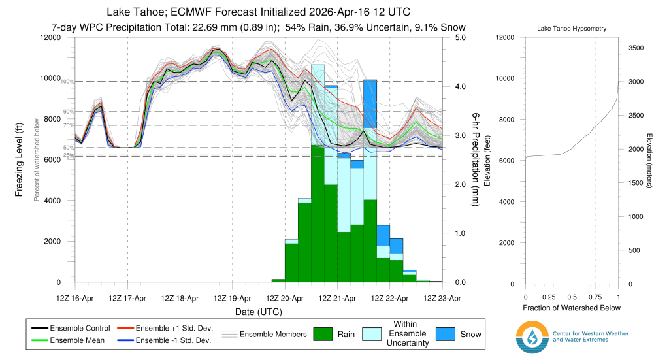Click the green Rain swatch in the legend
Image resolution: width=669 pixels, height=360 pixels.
pos(326,334)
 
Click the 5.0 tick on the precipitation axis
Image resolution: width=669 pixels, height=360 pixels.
pos(460,37)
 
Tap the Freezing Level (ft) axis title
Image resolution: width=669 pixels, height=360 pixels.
pos(20,160)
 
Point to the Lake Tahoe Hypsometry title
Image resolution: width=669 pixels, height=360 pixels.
pos(571,29)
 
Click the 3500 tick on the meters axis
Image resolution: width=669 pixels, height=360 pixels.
pos(637,48)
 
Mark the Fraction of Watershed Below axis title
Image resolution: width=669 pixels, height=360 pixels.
pos(572,308)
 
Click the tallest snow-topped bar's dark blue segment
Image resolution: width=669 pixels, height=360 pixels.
pos(370,98)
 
